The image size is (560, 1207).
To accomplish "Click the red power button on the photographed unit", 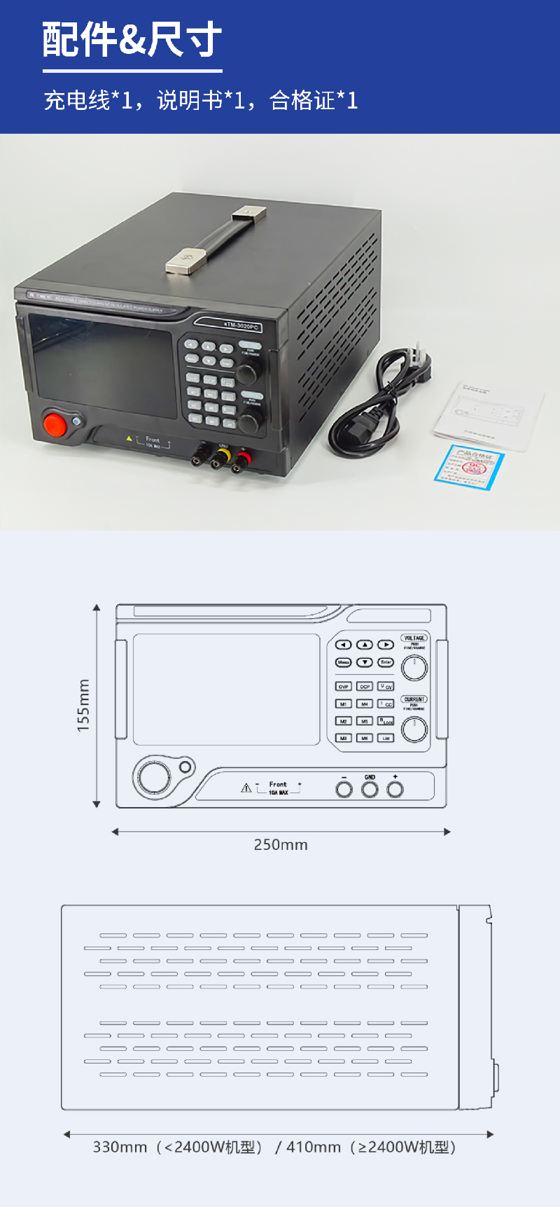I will (x=55, y=424).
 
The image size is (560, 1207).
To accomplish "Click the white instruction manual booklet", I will (x=489, y=413).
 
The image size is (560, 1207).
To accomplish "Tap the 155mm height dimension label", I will (x=83, y=706).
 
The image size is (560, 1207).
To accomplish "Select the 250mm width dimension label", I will (x=281, y=844).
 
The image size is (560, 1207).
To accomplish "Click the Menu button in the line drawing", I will (x=343, y=662).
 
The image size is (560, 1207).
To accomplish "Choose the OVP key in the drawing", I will (x=343, y=687).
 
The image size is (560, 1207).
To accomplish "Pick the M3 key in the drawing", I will (x=343, y=738).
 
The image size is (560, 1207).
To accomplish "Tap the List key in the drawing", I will (x=386, y=738).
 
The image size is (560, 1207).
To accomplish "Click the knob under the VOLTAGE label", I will (x=414, y=668).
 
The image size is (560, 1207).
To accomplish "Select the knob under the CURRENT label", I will (x=414, y=730).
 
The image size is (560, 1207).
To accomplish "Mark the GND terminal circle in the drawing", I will (x=370, y=790).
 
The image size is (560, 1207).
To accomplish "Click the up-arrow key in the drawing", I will (x=365, y=645).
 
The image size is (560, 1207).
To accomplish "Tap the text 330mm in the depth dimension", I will (x=120, y=1147).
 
